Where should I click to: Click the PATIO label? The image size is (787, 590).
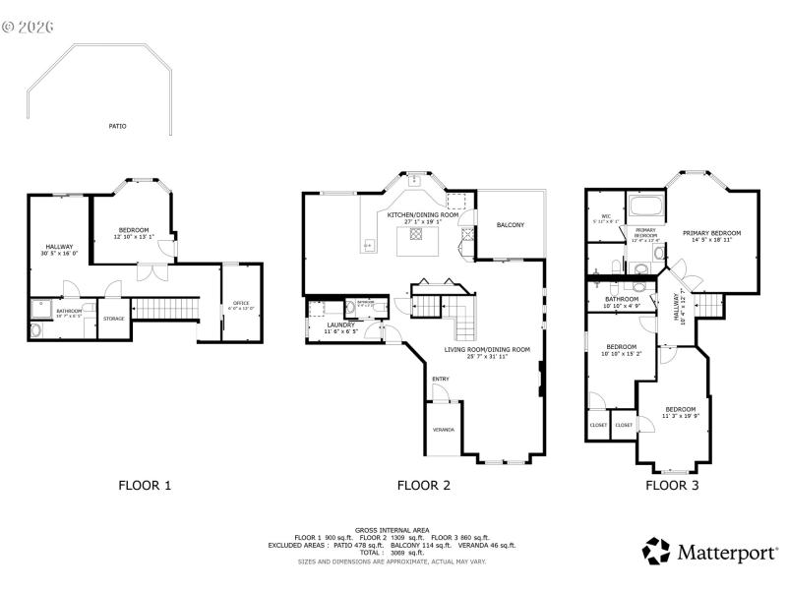117,126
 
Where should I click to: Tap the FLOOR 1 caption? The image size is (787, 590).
145,485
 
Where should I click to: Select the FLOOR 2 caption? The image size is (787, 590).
423,485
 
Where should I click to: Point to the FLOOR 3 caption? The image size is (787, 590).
672,485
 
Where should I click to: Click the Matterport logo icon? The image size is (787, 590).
656,551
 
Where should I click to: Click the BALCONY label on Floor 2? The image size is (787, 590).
510,225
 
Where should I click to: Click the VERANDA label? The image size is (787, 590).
443,430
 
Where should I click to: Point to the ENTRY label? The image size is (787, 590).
439,378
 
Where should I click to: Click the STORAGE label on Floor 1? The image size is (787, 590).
114,318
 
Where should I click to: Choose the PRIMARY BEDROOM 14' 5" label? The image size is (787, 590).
711,233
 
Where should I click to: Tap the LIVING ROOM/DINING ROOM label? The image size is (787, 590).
487,349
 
